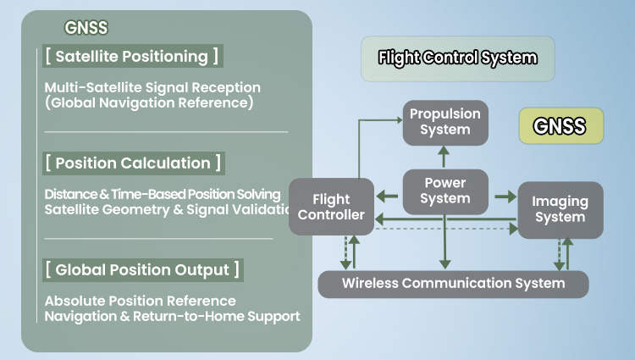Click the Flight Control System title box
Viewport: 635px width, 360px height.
(x=457, y=58)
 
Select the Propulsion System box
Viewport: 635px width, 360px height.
(x=444, y=121)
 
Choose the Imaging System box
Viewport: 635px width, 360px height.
(x=560, y=209)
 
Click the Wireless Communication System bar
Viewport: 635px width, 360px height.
(x=453, y=283)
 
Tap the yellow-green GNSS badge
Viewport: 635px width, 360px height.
(x=560, y=126)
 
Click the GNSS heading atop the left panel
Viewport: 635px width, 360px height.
(x=86, y=28)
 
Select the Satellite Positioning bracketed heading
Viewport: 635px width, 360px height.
(x=132, y=57)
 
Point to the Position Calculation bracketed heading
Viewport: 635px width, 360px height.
(x=133, y=163)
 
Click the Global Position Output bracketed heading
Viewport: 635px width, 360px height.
(x=142, y=269)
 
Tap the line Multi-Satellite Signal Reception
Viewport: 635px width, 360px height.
(x=152, y=87)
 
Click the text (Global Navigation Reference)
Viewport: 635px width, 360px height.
(x=149, y=103)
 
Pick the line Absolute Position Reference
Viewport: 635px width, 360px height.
(x=141, y=301)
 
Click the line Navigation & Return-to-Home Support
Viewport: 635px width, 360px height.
(x=172, y=317)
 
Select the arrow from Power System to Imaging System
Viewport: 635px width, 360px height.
(x=505, y=197)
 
